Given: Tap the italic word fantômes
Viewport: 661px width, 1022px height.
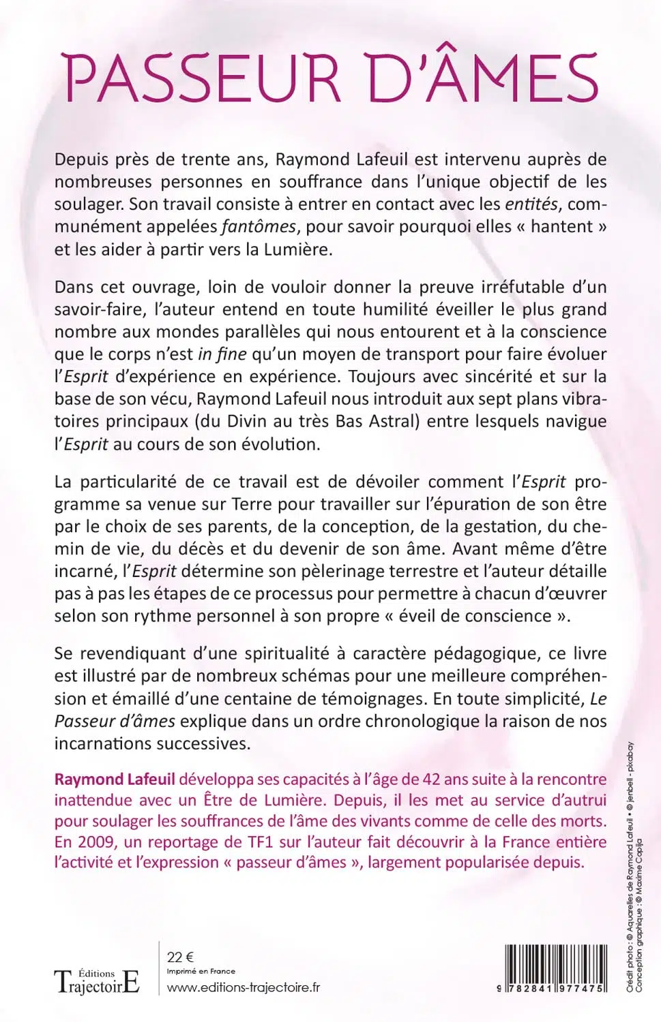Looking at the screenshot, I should pos(259,227).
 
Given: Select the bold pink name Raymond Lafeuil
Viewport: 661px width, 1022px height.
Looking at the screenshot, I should pos(115,779).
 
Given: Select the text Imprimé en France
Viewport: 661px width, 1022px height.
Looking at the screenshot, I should pos(201,972).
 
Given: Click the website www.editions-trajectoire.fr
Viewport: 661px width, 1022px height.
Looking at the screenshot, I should pos(243,987).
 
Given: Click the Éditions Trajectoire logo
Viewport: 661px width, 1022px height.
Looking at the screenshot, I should pos(97,981).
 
